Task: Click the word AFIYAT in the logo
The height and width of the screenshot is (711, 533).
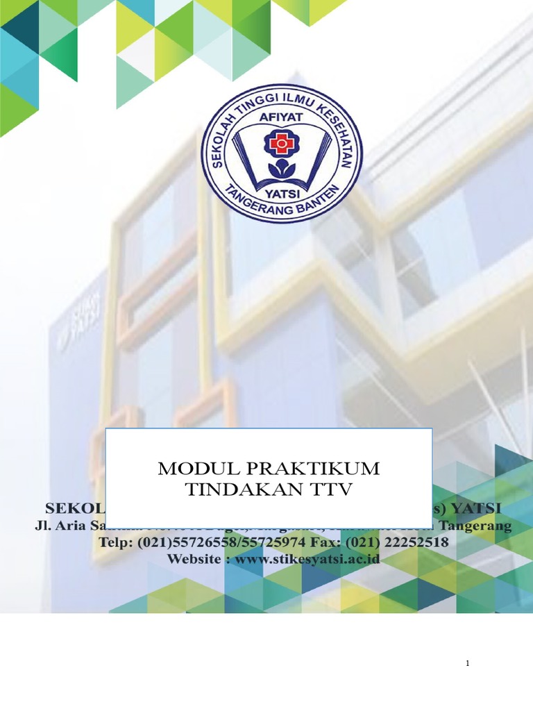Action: tap(281, 117)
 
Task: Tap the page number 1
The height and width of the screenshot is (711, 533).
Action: tap(468, 664)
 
